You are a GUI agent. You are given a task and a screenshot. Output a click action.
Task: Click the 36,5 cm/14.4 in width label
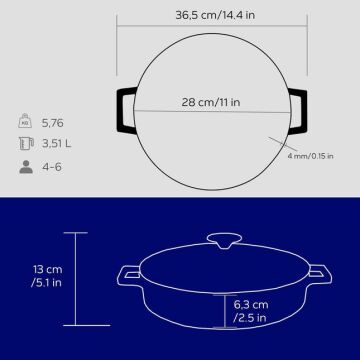(215, 15)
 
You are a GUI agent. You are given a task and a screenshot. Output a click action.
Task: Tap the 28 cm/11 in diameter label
(211, 102)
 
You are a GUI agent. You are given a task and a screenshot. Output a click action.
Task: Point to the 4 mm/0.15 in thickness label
(311, 156)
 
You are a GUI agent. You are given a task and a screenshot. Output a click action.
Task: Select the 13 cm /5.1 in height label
(47, 276)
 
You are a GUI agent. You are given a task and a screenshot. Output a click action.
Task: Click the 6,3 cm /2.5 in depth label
(251, 311)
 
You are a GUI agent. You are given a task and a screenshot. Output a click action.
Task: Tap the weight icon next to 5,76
(25, 121)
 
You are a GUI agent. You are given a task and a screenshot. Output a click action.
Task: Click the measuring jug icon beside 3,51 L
(26, 143)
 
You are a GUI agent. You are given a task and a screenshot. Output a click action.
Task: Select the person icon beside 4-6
(26, 167)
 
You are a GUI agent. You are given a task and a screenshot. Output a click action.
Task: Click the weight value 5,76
(53, 123)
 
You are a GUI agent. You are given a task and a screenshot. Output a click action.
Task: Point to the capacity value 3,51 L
(57, 144)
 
